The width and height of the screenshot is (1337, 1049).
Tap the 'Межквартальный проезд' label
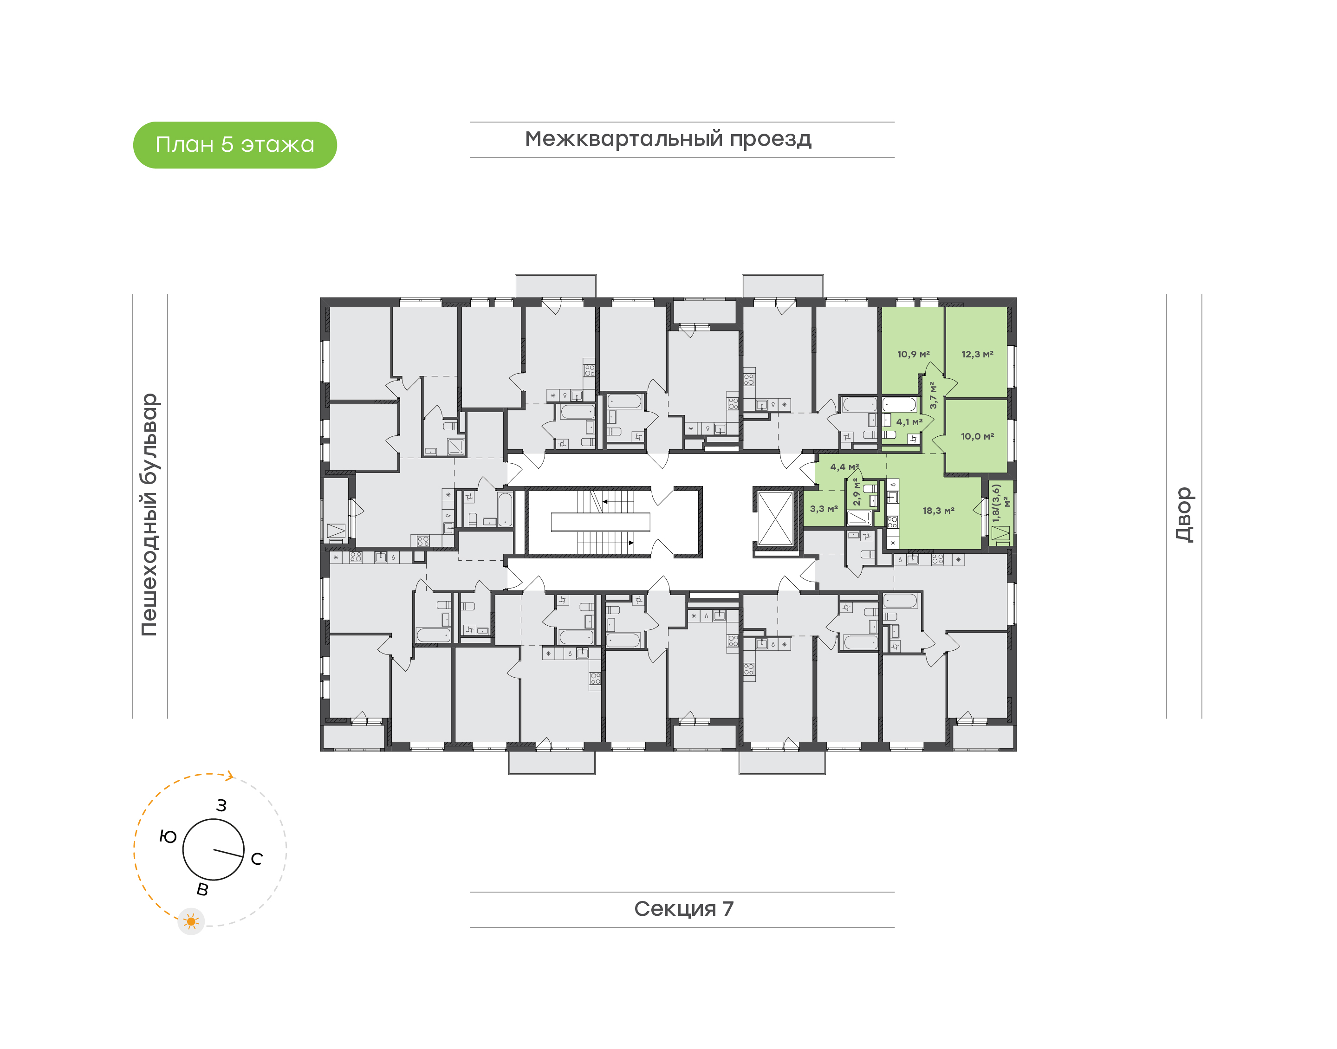[668, 139]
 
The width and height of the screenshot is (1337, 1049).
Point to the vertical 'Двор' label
[1184, 515]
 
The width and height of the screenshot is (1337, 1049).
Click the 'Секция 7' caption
[683, 909]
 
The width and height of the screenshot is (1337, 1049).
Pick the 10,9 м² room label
[913, 354]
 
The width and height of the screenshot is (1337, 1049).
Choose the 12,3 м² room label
[977, 354]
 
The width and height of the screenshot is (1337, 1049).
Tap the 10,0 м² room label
[977, 437]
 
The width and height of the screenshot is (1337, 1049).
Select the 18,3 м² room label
[938, 511]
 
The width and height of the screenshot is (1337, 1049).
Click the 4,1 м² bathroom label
[909, 422]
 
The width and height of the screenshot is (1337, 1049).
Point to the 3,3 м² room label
[824, 509]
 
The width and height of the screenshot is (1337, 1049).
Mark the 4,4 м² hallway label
[844, 467]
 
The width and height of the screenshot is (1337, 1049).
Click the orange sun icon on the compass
[191, 922]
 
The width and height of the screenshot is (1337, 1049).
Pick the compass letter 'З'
[222, 806]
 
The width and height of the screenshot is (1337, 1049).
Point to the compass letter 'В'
[202, 890]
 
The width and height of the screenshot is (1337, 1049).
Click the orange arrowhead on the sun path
[230, 777]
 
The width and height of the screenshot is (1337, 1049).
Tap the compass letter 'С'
[257, 859]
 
